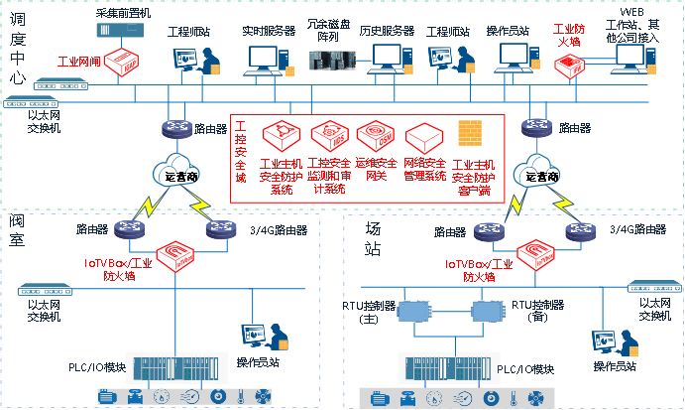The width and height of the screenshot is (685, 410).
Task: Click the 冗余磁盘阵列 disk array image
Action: (332, 56)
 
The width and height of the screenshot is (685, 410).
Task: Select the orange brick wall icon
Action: (469, 132)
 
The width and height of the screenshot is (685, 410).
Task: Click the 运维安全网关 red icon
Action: (375, 135)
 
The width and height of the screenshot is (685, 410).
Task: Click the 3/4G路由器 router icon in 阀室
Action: (219, 229)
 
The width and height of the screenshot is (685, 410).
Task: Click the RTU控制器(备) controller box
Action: (484, 313)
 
